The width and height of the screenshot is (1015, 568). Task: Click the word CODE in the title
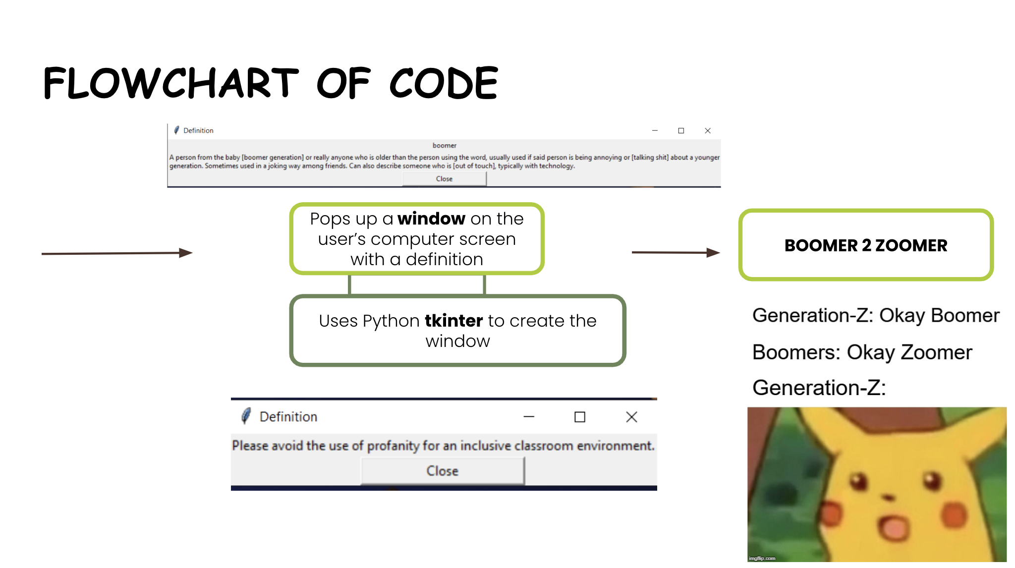pyautogui.click(x=444, y=83)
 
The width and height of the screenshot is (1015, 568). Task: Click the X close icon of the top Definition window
pyautogui.click(x=708, y=131)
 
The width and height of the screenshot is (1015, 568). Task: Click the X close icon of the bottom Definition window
pyautogui.click(x=631, y=417)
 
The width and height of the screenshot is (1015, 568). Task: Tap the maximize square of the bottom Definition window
pyautogui.click(x=580, y=417)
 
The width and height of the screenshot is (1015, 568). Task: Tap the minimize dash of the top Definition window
pyautogui.click(x=655, y=131)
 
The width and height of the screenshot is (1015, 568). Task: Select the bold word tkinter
pyautogui.click(x=453, y=321)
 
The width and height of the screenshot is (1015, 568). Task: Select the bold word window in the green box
pyautogui.click(x=431, y=219)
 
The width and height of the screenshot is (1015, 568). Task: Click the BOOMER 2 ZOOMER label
pyautogui.click(x=866, y=245)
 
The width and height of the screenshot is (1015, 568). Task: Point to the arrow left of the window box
pyautogui.click(x=117, y=253)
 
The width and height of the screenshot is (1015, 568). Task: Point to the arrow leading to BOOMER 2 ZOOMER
pyautogui.click(x=676, y=252)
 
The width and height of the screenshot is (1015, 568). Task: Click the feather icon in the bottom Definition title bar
pyautogui.click(x=246, y=416)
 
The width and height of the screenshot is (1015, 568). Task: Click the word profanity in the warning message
pyautogui.click(x=394, y=446)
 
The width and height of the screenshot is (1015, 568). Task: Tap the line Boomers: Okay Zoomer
pyautogui.click(x=862, y=352)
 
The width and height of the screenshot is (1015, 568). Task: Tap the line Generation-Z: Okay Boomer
pyautogui.click(x=876, y=316)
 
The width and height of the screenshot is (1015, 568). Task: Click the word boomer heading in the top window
pyautogui.click(x=445, y=145)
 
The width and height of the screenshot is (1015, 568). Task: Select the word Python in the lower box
pyautogui.click(x=391, y=321)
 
